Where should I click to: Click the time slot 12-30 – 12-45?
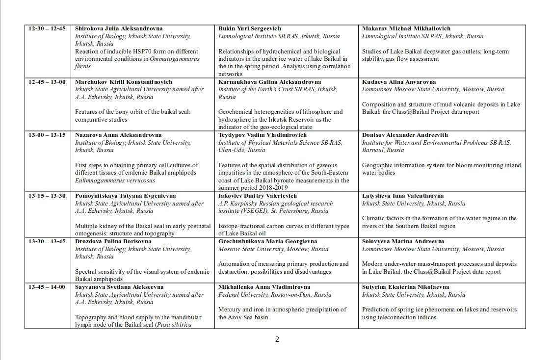coord(47,28)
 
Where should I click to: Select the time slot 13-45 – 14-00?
coord(47,287)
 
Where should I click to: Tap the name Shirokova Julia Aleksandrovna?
coord(119,28)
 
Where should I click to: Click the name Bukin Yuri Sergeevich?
coord(251,28)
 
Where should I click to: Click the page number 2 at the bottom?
coord(277,339)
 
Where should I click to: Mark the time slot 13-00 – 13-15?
coord(47,135)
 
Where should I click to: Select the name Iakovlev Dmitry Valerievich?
coord(258,196)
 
